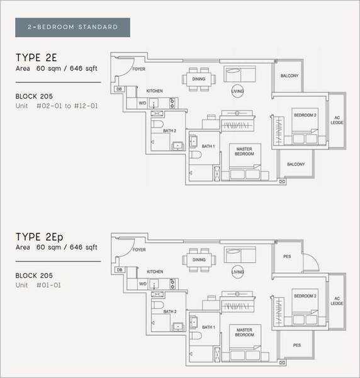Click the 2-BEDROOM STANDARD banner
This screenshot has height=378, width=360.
click(72, 27)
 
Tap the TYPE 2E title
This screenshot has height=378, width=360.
click(37, 57)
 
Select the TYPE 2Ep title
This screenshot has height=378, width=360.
click(40, 237)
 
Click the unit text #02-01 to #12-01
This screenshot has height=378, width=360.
click(67, 106)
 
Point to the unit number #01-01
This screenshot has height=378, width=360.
click(48, 285)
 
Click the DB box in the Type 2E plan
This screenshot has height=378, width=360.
click(119, 89)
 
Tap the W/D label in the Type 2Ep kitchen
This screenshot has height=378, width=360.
click(143, 284)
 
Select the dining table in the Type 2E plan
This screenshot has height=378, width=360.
click(199, 79)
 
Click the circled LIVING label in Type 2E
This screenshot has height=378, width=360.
click(237, 91)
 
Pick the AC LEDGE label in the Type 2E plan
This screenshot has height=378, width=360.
click(337, 120)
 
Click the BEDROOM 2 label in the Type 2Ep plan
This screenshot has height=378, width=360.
click(305, 296)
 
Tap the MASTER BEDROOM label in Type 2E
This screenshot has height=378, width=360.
click(244, 151)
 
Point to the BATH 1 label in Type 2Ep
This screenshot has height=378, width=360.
click(208, 327)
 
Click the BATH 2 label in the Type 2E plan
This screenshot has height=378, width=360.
click(169, 130)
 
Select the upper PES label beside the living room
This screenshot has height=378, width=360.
click(287, 256)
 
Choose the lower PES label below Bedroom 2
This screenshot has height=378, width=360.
click(297, 345)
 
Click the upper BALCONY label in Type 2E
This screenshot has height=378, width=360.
click(290, 76)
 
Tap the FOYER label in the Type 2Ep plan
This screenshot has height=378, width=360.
click(139, 249)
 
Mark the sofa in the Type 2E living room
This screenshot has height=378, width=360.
click(240, 74)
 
